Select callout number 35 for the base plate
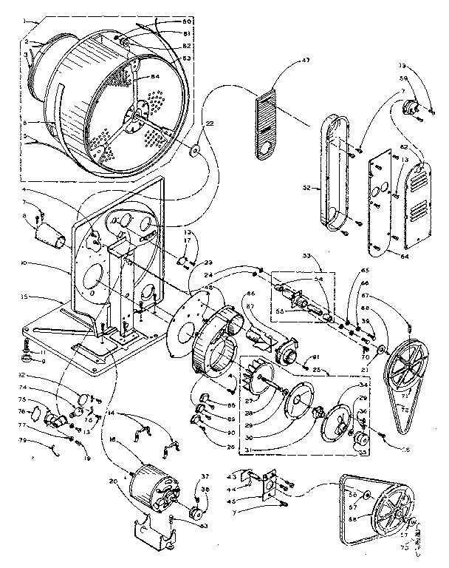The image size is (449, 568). [25, 297]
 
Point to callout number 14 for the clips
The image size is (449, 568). [111, 412]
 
